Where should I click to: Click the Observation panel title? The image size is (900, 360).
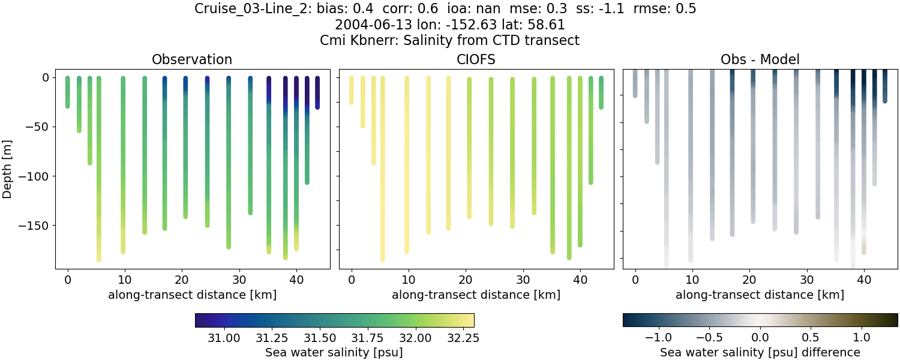[x=192, y=59]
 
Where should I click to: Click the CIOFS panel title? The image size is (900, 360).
[x=476, y=59]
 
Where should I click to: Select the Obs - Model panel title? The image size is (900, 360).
[x=760, y=59]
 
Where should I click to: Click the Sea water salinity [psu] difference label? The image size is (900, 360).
[x=760, y=352]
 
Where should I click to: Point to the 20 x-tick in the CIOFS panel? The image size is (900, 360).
[x=466, y=280]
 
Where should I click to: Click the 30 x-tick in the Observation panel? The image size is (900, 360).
[x=239, y=280]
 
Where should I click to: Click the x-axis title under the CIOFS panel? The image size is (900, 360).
[x=476, y=295]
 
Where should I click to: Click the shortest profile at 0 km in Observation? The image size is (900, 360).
[x=68, y=93]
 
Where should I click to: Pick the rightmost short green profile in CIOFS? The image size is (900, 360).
[x=601, y=93]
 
